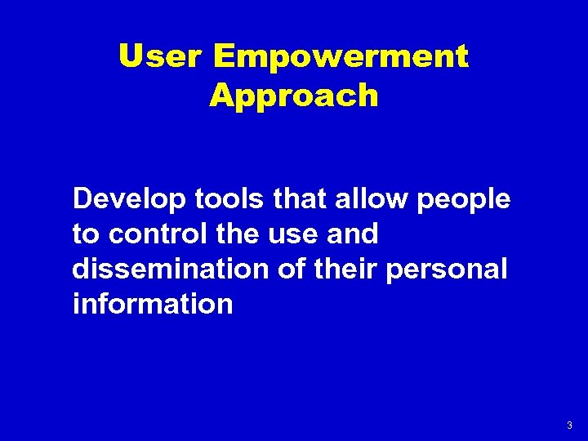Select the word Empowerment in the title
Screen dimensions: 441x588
(x=341, y=56)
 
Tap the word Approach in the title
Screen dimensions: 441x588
(x=294, y=96)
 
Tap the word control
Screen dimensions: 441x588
(x=154, y=234)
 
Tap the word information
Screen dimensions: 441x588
(x=153, y=305)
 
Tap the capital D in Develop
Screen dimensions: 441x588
(x=82, y=198)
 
